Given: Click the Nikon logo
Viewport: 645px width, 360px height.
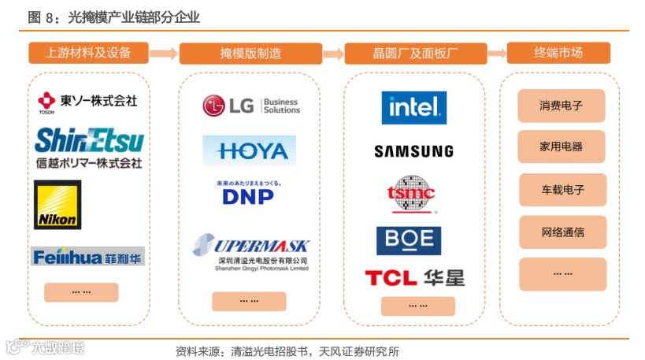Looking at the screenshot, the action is (57, 204).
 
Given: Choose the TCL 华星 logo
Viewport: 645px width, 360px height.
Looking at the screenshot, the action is (414, 277).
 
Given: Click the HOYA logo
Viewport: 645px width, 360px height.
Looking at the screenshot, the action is (249, 150).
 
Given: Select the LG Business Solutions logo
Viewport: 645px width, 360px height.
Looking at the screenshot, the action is (250, 106).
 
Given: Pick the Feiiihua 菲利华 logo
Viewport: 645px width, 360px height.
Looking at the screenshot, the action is (88, 256).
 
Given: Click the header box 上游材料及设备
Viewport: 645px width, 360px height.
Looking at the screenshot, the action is (88, 53).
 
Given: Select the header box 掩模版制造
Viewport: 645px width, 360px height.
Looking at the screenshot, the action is (250, 54).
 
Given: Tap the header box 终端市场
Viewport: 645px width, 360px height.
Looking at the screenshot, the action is (558, 53).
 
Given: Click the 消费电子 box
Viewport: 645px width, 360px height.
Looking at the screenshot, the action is (561, 106).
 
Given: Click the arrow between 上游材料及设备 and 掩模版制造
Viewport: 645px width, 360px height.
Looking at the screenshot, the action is (164, 54).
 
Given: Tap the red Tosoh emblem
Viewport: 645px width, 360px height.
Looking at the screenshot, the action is (46, 100).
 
